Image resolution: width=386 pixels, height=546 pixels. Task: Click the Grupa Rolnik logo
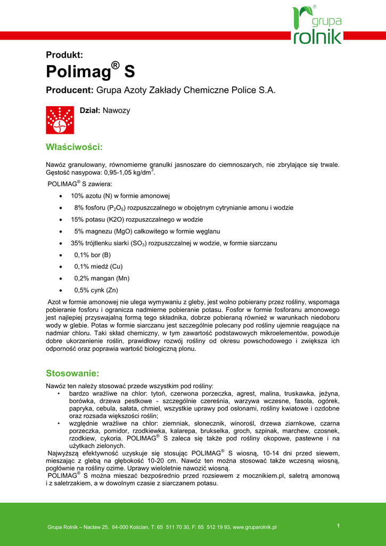[x=317, y=25]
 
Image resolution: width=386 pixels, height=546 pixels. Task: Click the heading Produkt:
[x=64, y=54]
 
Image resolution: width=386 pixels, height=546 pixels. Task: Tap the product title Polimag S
[x=91, y=71]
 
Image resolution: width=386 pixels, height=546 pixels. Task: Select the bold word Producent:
[x=70, y=91]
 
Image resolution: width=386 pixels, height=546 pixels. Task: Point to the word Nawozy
[x=117, y=111]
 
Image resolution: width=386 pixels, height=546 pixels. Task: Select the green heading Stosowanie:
[x=72, y=373]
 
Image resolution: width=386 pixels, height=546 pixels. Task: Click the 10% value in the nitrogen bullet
[x=78, y=196]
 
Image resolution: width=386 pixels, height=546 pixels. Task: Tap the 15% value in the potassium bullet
[x=78, y=220]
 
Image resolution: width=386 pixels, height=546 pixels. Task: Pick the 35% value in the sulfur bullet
[x=78, y=243]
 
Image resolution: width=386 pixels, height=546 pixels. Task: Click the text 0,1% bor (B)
[x=93, y=255]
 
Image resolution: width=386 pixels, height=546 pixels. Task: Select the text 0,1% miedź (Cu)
[x=95, y=267]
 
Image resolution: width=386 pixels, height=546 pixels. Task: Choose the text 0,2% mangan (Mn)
[x=98, y=278]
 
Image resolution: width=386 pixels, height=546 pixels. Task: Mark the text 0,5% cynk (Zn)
[x=96, y=290]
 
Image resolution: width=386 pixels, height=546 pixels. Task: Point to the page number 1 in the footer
[x=338, y=526]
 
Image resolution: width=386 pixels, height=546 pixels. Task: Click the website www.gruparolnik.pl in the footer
[x=254, y=527]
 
